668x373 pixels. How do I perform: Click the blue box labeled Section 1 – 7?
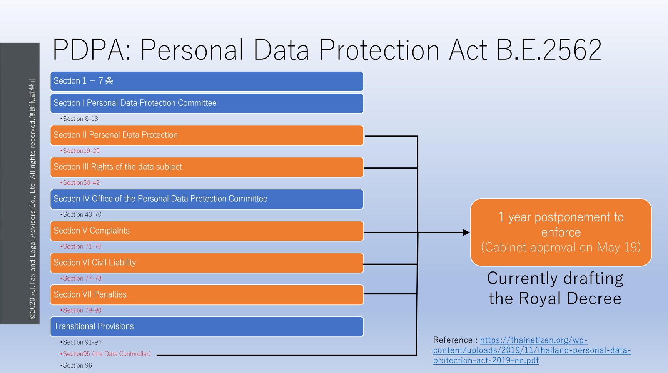(207, 81)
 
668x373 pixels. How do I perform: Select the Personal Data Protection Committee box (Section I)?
(207, 103)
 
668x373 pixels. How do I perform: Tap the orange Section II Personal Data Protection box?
(207, 135)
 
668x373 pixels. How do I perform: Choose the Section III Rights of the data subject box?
(207, 167)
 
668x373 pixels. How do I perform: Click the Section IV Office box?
(207, 199)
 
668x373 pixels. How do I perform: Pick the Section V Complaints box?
(207, 231)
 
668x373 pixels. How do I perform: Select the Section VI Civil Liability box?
(207, 263)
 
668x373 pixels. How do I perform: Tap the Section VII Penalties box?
(207, 295)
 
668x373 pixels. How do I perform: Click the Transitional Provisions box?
(207, 327)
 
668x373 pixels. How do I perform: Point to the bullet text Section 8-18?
(79, 119)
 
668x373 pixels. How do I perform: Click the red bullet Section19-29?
(80, 151)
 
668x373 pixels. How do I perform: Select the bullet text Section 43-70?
(81, 215)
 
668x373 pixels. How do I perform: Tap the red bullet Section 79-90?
(81, 310)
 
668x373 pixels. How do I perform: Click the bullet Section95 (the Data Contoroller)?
(105, 354)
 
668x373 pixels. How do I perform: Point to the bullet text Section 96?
(76, 366)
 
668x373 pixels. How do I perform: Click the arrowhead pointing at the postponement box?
(466, 232)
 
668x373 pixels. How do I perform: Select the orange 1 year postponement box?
(561, 232)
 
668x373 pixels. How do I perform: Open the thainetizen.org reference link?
(532, 350)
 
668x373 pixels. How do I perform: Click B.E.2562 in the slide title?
(549, 50)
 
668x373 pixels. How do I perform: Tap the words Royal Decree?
(570, 299)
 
